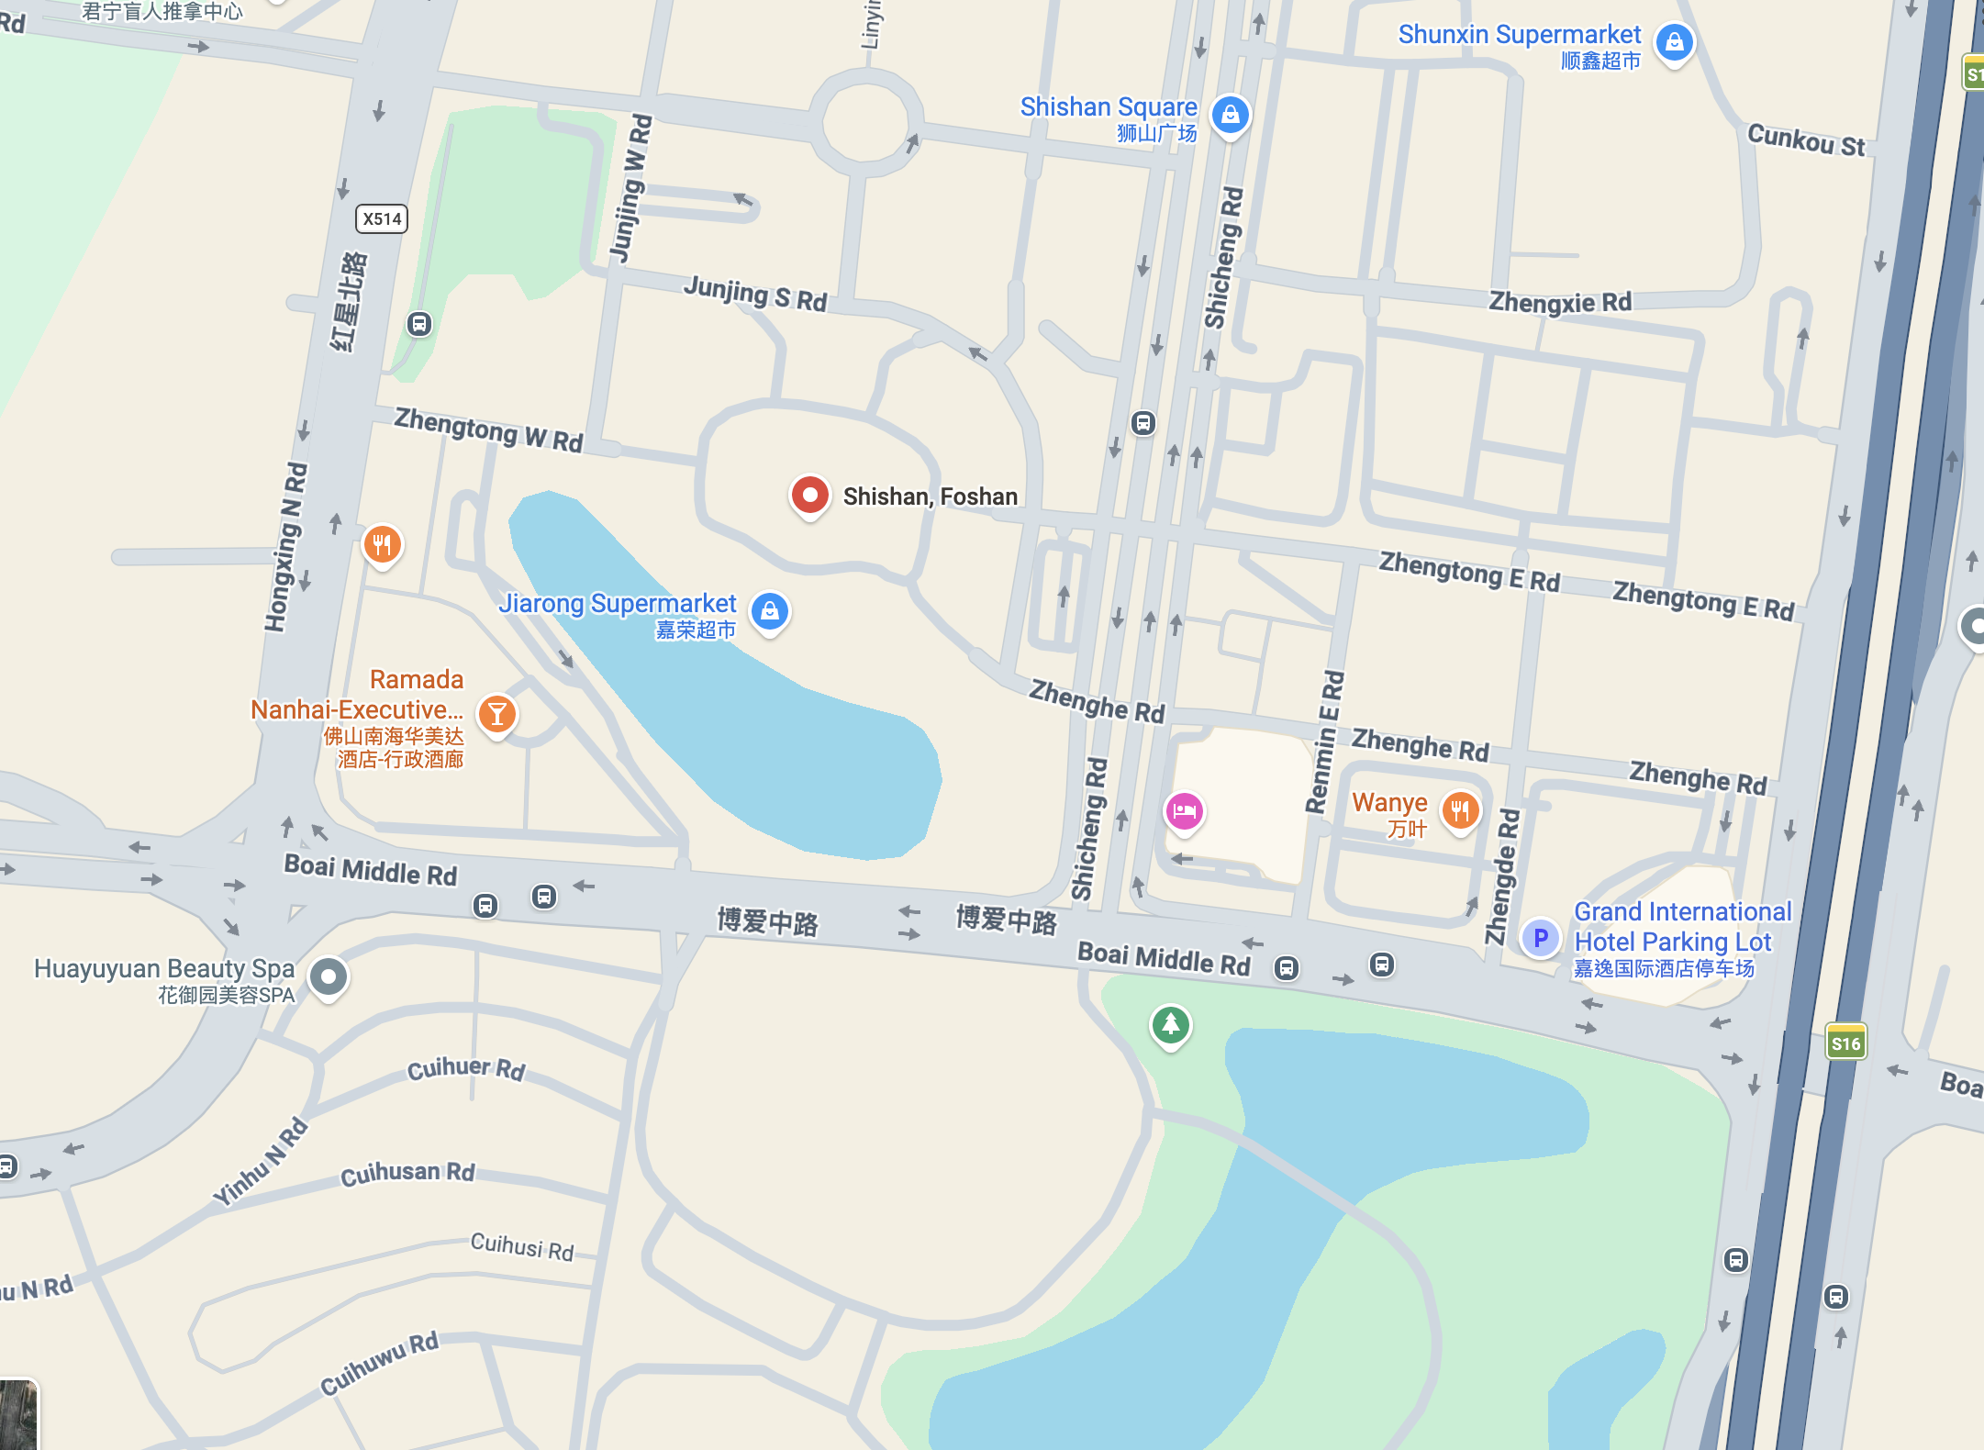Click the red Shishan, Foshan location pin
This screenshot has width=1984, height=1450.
coord(809,496)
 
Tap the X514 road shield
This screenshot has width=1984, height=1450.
coord(381,218)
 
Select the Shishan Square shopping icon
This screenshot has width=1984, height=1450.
coord(1230,116)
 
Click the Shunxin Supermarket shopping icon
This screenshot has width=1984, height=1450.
coord(1674,42)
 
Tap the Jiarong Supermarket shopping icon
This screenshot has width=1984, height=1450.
coord(770,611)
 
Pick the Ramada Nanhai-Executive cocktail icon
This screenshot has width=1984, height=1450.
coord(496,714)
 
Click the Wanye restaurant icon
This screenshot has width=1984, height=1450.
coord(1460,811)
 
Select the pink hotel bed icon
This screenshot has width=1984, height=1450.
coord(1184,811)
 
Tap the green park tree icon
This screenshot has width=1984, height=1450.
coord(1170,1024)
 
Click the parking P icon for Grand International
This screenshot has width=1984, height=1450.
coord(1541,938)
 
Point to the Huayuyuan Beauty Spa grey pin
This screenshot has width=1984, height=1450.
coord(328,976)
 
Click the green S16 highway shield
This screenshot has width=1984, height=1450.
coord(1845,1043)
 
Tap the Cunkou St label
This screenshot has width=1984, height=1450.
coord(1806,140)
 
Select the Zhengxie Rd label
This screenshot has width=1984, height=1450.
coord(1559,302)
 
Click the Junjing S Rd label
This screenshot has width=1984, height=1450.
coord(755,294)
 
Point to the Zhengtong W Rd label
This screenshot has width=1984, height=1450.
coord(488,429)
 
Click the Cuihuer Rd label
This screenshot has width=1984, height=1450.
coord(465,1068)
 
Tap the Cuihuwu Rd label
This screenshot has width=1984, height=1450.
coord(379,1363)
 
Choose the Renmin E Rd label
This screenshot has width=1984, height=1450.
coord(1324,742)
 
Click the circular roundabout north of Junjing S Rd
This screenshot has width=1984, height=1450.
coord(864,122)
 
